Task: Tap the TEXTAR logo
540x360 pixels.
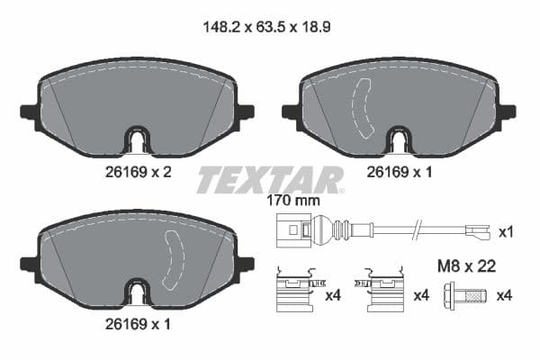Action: pyautogui.click(x=270, y=178)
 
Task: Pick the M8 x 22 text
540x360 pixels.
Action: pyautogui.click(x=464, y=265)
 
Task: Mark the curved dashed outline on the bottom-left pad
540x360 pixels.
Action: pyautogui.click(x=170, y=262)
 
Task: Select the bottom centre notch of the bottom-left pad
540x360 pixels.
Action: pyautogui.click(x=137, y=293)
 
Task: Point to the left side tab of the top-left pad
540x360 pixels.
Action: pyautogui.click(x=27, y=112)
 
